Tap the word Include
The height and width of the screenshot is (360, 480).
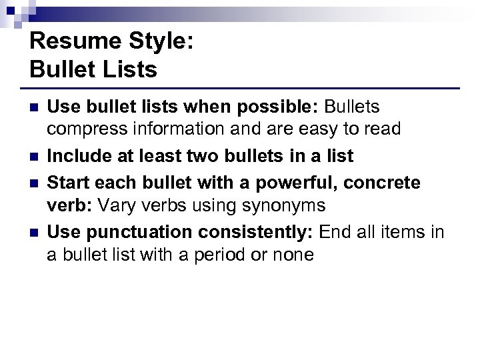point(76,157)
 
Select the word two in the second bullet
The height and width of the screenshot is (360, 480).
point(202,157)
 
